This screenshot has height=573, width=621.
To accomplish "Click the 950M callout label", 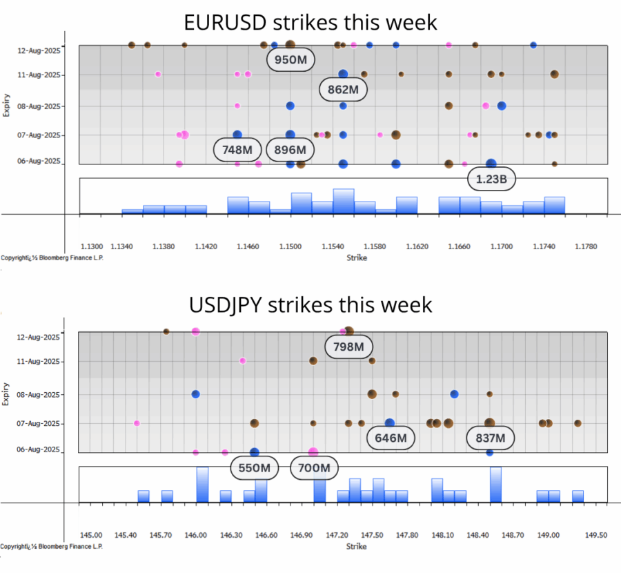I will tap(290, 60).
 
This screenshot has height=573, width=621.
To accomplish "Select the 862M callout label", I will tap(344, 89).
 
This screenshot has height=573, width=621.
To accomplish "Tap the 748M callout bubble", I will tap(237, 149).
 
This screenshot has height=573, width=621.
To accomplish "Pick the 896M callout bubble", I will tap(290, 149).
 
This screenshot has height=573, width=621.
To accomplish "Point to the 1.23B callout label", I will tap(491, 180).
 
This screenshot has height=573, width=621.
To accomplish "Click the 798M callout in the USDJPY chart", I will tap(349, 347).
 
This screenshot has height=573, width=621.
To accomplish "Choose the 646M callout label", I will tap(391, 437).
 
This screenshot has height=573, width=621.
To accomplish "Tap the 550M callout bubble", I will tap(255, 468).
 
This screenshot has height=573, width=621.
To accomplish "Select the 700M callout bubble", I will tap(315, 468).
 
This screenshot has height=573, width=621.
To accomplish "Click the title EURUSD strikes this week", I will tap(310, 22).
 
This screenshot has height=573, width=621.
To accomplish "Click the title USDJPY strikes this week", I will tap(310, 304).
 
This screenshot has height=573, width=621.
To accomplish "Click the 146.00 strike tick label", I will tap(196, 534).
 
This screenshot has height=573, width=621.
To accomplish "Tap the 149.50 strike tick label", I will tap(596, 534).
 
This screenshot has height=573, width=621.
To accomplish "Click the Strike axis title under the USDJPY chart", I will tap(357, 547).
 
